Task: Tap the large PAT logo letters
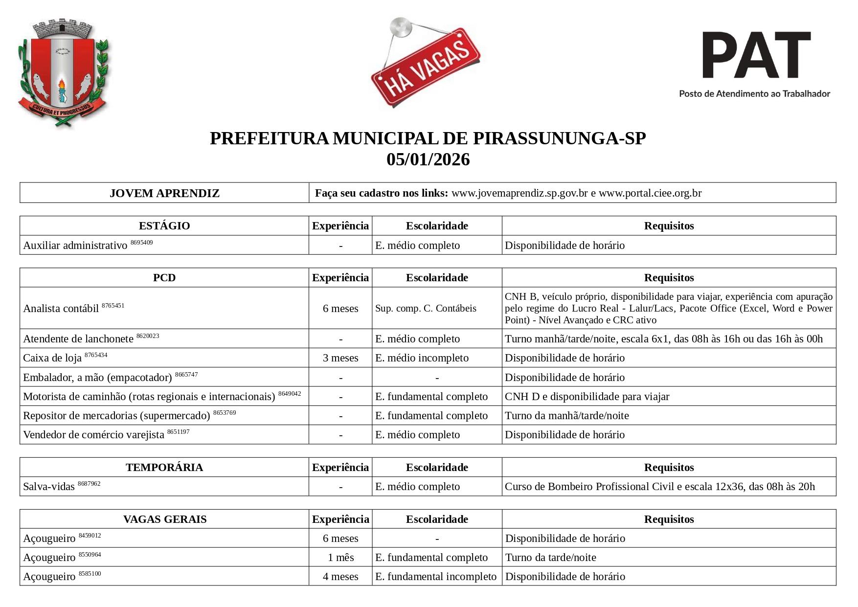(756, 55)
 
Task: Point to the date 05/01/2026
(428, 160)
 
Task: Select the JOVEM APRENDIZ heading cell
(164, 193)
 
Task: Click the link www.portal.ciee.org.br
(650, 193)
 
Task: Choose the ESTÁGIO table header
(164, 226)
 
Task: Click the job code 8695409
(141, 243)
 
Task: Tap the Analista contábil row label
(61, 309)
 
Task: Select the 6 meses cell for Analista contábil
(340, 309)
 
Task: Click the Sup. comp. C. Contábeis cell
(426, 309)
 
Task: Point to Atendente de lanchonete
(78, 339)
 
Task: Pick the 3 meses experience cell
(340, 358)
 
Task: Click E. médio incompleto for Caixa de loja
(422, 358)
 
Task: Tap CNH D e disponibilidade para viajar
(587, 397)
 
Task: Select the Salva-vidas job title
(49, 487)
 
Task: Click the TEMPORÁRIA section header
(164, 468)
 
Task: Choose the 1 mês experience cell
(340, 558)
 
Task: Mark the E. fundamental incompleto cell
(436, 577)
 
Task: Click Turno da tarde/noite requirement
(551, 558)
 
